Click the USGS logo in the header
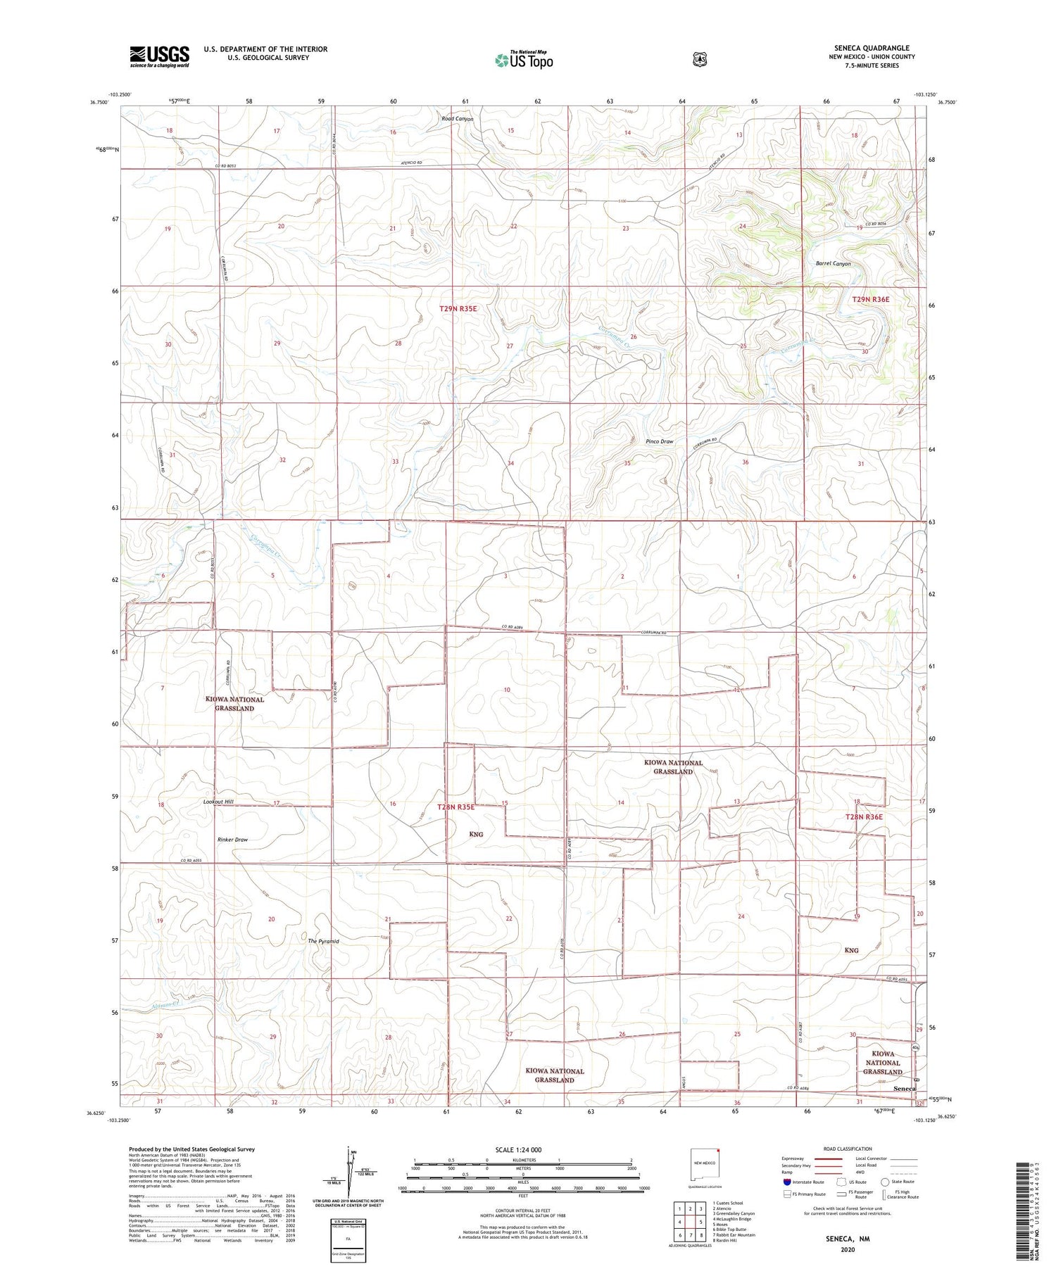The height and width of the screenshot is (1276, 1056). click(x=159, y=56)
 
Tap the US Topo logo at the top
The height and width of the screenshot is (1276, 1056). click(x=524, y=60)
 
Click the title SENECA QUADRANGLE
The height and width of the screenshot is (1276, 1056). click(x=872, y=48)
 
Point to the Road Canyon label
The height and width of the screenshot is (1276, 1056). click(x=458, y=119)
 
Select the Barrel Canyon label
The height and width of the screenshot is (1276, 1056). click(x=834, y=264)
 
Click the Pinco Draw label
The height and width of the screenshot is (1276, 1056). click(x=660, y=441)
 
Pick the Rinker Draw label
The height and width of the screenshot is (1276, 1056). click(x=232, y=840)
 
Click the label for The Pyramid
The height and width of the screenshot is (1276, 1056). click(x=324, y=941)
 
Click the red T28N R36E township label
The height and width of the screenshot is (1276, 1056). click(x=864, y=817)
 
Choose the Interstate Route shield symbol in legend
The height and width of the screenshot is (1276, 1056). click(x=786, y=1182)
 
